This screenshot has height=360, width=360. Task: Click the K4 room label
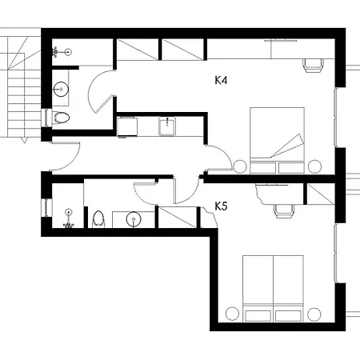[221, 80]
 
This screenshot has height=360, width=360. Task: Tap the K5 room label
[221, 206]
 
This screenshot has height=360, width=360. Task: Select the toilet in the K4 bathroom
[61, 118]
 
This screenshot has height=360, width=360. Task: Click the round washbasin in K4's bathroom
[61, 90]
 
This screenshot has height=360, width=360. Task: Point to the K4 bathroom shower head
[56, 52]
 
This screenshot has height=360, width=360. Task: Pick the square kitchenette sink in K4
[167, 126]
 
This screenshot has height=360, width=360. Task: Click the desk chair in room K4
[313, 66]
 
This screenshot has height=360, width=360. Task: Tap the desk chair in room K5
[284, 211]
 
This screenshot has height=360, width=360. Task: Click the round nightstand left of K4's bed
[240, 166]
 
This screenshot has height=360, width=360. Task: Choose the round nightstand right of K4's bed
[314, 166]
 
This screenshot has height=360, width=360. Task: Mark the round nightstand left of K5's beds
[232, 314]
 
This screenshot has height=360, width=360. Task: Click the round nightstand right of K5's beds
[314, 314]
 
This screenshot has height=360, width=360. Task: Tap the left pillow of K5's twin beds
[258, 316]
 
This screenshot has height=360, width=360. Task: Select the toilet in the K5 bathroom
[98, 219]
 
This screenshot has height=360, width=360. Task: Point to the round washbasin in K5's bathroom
[134, 219]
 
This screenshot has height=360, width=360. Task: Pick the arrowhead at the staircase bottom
[24, 140]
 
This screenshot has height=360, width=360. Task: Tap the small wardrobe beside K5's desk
[320, 194]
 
